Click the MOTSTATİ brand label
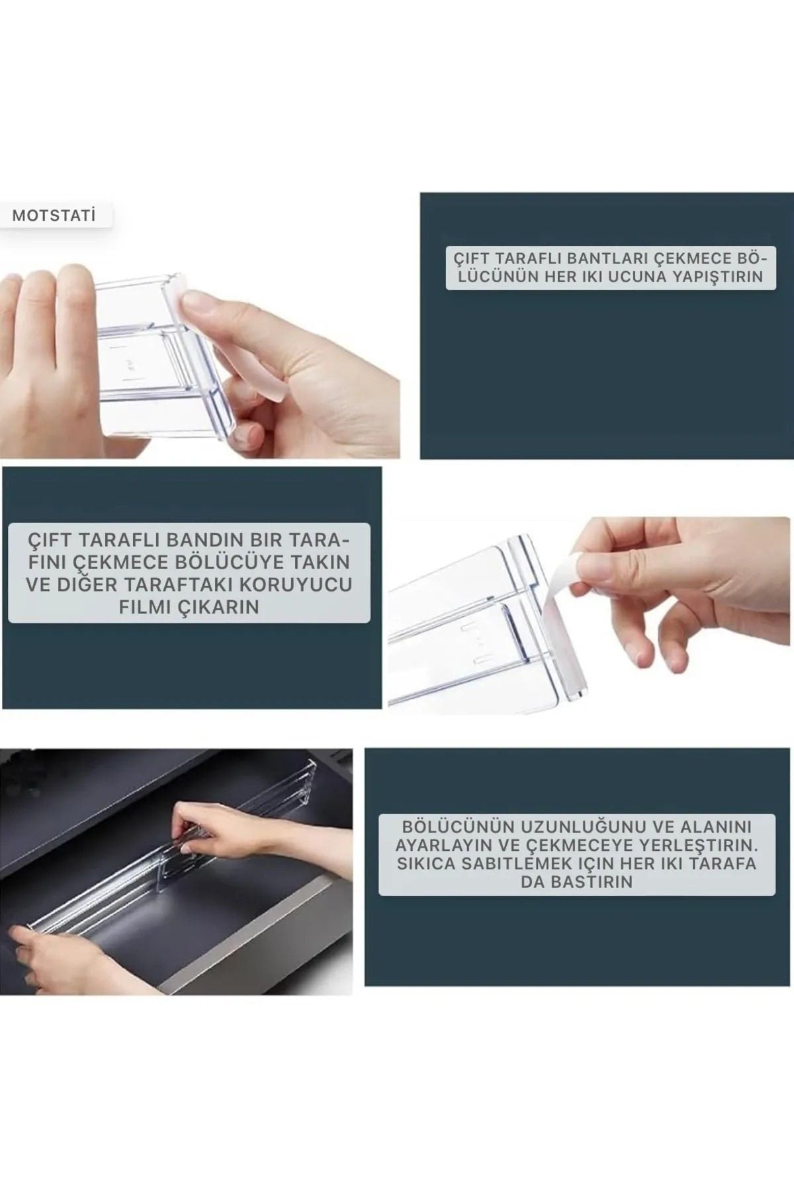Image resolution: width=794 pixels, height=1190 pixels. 54,216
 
